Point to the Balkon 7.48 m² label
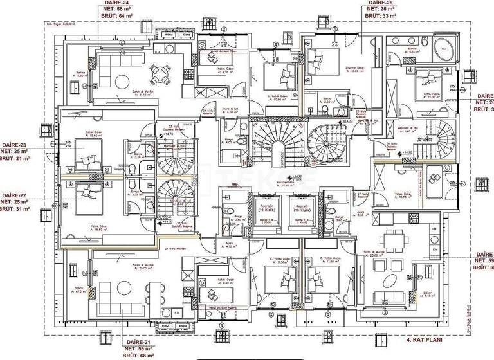[427, 296]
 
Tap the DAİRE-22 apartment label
[14, 195]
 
